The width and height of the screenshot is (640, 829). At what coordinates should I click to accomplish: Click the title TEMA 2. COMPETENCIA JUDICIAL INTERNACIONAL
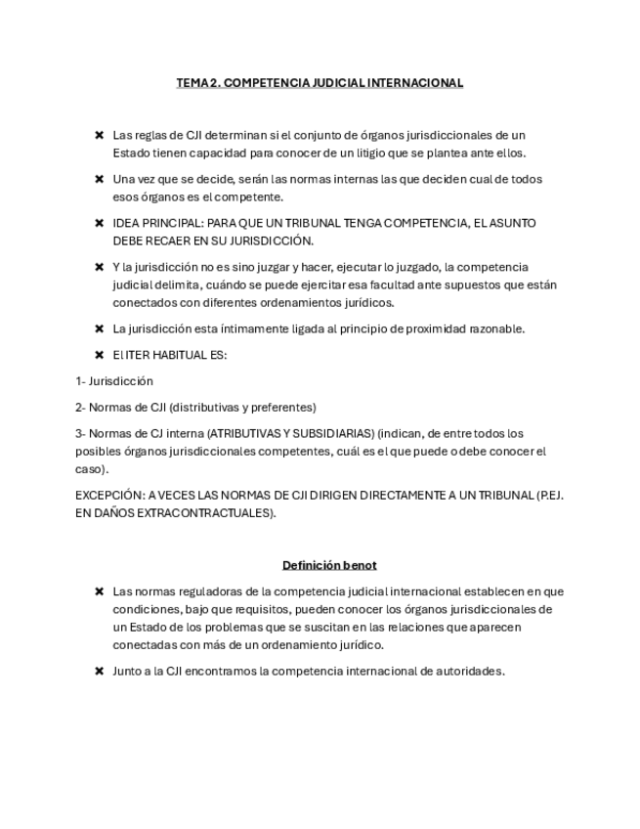[320, 83]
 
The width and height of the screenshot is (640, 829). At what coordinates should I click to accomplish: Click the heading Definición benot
[329, 565]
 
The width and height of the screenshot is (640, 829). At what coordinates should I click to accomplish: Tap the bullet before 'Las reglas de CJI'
[100, 135]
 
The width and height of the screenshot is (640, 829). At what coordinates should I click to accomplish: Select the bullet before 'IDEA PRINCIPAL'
[100, 223]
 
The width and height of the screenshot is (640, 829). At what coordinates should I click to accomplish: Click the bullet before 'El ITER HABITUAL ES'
[100, 355]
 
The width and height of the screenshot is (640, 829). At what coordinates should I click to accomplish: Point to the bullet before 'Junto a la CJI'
[100, 672]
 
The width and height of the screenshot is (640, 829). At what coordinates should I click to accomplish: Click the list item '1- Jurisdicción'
[114, 381]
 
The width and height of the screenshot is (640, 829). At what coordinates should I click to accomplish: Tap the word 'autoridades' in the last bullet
[471, 672]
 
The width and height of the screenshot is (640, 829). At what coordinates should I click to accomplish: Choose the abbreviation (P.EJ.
[550, 495]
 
